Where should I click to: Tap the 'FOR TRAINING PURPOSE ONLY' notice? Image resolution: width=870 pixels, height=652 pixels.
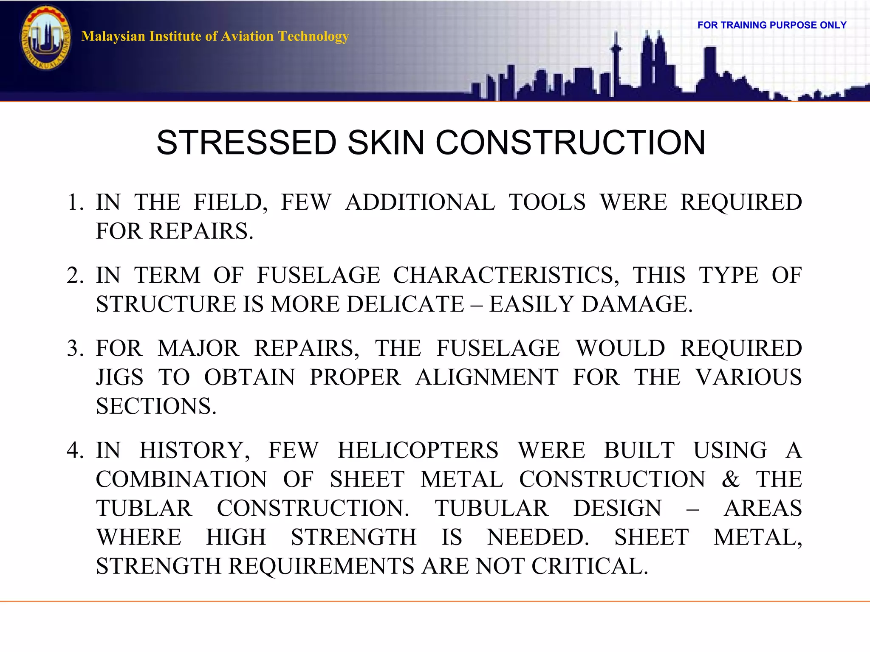click(772, 25)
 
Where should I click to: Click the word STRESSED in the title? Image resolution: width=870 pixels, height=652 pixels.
click(246, 143)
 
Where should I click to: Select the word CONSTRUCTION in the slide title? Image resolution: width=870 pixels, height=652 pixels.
click(570, 143)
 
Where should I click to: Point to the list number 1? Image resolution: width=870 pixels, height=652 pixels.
click(75, 202)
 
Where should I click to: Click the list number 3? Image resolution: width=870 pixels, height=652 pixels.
click(75, 348)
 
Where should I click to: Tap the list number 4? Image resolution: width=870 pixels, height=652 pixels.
click(75, 450)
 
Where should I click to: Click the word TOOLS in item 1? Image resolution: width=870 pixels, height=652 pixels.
click(547, 202)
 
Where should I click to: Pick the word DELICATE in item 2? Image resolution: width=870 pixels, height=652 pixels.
click(405, 304)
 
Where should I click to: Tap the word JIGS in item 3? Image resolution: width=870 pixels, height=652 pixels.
click(120, 377)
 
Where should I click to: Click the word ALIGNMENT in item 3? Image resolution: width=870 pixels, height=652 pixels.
click(487, 377)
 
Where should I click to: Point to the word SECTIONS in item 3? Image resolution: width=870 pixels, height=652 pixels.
click(155, 406)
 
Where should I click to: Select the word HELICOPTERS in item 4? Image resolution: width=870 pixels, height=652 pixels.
click(418, 450)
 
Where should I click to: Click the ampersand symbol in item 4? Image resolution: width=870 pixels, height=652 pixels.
click(730, 479)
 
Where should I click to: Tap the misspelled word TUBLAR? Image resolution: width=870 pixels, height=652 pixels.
click(144, 509)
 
